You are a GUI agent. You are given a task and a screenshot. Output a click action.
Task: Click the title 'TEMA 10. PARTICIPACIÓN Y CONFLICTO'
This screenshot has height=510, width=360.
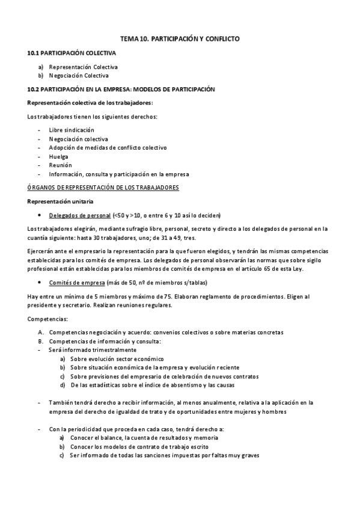[x=180, y=38]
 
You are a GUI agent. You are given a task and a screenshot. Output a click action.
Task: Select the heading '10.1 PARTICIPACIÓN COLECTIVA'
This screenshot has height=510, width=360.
[x=72, y=53]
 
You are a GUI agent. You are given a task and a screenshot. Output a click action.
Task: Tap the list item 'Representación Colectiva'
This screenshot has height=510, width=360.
[x=83, y=67]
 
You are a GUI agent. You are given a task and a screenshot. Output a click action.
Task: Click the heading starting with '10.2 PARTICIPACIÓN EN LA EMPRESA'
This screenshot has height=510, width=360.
[x=121, y=89]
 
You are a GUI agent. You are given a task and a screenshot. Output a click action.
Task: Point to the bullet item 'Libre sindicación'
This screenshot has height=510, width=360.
[x=71, y=129]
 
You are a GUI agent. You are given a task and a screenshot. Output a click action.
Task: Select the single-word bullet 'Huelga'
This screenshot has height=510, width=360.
[x=58, y=156]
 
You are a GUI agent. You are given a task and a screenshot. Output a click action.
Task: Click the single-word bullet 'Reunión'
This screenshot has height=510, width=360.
[x=60, y=165]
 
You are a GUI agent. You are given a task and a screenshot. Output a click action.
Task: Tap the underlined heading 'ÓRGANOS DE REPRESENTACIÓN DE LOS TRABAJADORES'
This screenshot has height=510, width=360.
[x=103, y=188]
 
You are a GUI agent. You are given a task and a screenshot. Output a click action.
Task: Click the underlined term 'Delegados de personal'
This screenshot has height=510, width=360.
[x=79, y=215]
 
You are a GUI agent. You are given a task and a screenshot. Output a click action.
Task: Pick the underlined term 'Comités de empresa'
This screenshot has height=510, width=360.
[x=75, y=282]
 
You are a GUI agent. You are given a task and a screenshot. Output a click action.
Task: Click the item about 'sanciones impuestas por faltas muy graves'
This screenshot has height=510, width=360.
[x=164, y=456]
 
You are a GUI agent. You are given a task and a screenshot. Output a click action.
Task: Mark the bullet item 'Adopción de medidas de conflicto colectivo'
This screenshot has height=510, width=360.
[x=108, y=147]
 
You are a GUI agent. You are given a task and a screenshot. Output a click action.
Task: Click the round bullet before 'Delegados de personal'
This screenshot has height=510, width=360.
[x=39, y=215]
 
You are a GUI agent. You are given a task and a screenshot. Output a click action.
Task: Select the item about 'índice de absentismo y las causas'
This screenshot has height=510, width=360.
[x=152, y=385]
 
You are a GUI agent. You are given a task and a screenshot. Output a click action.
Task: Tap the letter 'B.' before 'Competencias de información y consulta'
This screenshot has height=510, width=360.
[x=40, y=341]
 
